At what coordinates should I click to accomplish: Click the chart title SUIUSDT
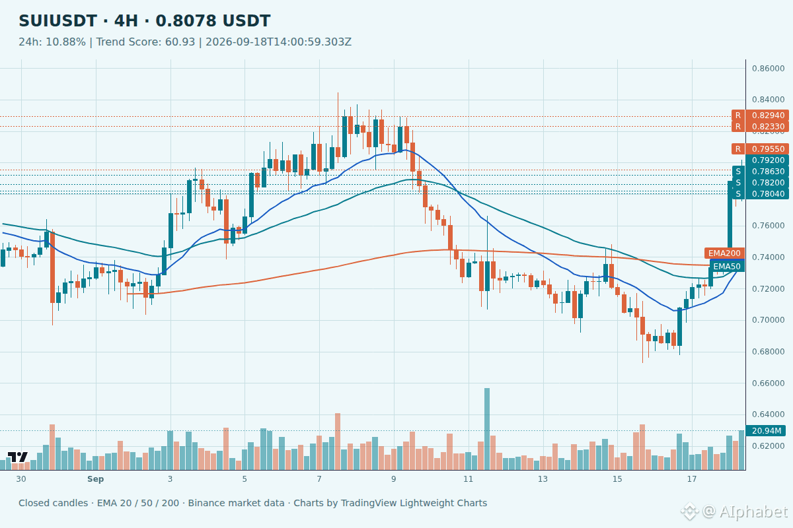click(x=57, y=21)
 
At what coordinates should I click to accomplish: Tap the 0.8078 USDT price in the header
click(x=213, y=21)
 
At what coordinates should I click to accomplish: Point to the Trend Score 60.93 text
click(x=145, y=42)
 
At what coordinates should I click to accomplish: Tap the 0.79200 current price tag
click(x=767, y=160)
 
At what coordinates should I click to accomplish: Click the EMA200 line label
click(x=724, y=253)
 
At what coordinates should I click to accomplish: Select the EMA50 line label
click(x=727, y=266)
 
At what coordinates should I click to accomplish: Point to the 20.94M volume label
click(x=766, y=431)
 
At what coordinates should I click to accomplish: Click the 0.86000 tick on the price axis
click(x=768, y=69)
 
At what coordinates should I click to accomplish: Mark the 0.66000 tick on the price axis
click(x=768, y=383)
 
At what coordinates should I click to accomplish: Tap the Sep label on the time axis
click(x=96, y=479)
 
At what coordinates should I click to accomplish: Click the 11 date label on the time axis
click(x=468, y=479)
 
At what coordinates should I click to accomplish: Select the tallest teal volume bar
click(x=487, y=429)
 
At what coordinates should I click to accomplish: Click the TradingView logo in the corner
click(x=18, y=457)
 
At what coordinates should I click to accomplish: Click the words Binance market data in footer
click(x=236, y=503)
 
